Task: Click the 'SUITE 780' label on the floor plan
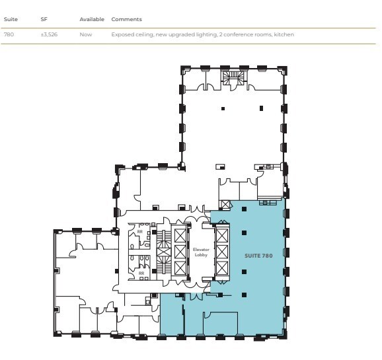[x=258, y=255]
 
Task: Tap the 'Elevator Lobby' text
[x=201, y=252]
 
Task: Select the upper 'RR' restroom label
[x=140, y=232]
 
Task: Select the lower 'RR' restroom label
[x=141, y=272]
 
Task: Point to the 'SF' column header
[x=44, y=19]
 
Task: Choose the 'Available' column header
[x=92, y=19]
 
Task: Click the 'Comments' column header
[x=126, y=19]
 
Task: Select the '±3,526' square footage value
[x=49, y=34]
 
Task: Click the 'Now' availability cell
[x=85, y=34]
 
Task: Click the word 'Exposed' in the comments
[x=122, y=34]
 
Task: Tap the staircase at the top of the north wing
[x=233, y=79]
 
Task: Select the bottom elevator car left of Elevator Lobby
[x=178, y=269]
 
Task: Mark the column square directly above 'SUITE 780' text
[x=244, y=232]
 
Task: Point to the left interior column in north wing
[x=223, y=108]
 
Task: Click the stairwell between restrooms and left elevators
[x=161, y=253]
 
